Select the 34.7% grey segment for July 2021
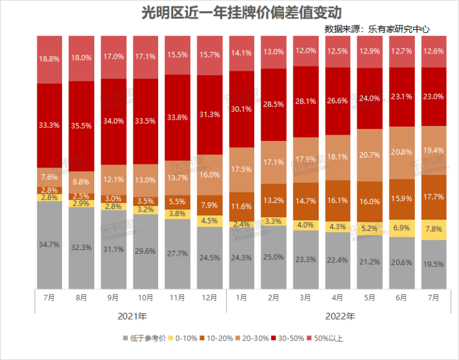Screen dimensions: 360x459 (x=50, y=245)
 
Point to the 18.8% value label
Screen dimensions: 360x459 (x=50, y=59)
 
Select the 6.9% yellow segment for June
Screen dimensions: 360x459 (x=403, y=229)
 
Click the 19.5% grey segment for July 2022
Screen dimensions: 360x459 (x=435, y=264)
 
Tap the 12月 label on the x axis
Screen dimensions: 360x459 (x=210, y=298)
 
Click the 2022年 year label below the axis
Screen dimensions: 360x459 (x=339, y=317)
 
